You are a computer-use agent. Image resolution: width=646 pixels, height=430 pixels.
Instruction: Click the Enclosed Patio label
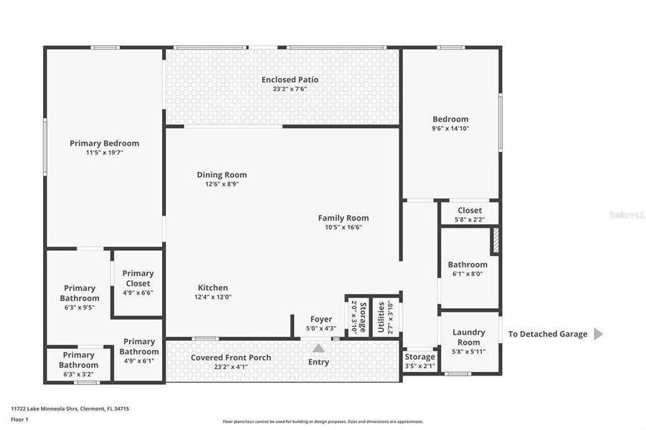click(290, 80)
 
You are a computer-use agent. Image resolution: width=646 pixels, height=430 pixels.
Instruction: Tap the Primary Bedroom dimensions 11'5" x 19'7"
click(104, 153)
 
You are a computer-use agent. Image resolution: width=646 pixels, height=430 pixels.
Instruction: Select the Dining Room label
click(222, 175)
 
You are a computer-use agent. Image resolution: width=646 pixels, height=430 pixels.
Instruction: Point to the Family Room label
click(343, 218)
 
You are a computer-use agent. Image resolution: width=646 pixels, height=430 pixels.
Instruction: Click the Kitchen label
click(212, 287)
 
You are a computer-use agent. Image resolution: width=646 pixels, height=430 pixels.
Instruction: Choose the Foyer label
click(320, 319)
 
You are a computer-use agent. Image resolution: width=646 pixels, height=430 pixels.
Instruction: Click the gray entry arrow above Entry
click(318, 348)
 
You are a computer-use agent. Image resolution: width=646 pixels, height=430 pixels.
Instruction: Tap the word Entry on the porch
click(318, 362)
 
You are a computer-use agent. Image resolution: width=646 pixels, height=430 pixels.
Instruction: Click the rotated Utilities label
click(381, 315)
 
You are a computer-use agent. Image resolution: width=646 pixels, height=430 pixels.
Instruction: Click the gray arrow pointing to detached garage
click(599, 334)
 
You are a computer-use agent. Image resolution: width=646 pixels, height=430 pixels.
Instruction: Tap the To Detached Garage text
click(548, 334)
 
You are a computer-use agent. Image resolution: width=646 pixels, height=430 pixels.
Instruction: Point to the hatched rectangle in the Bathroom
click(495, 240)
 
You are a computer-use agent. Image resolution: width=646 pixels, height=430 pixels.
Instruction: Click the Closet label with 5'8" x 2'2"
click(470, 210)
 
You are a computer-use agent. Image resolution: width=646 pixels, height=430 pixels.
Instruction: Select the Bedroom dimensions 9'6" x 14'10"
click(450, 129)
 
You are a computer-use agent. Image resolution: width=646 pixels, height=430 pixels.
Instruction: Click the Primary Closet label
click(138, 278)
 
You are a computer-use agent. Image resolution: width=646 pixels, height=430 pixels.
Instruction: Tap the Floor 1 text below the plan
click(19, 419)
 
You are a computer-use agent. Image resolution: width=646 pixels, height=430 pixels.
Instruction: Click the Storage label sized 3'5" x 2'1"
click(419, 356)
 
